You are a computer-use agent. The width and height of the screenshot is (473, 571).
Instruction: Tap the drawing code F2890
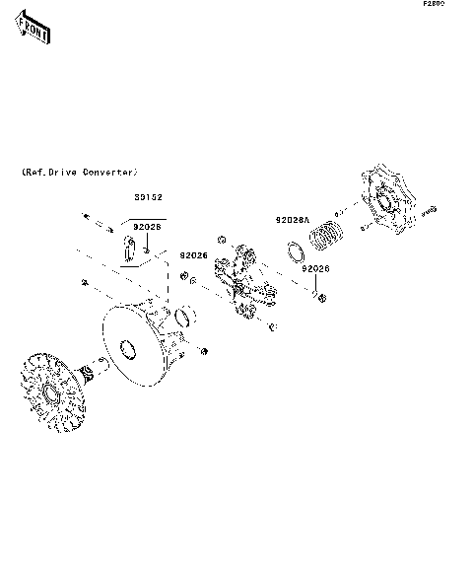[x=435, y=5]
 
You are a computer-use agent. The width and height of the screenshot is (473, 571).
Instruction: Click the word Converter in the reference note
[x=107, y=172]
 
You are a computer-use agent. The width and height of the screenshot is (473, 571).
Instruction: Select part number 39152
[x=148, y=196]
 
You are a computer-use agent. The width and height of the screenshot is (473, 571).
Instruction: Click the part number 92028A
[x=291, y=220]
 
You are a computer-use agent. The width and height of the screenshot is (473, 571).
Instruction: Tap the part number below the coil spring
[x=315, y=268]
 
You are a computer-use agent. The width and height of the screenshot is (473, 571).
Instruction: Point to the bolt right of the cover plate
[x=429, y=211]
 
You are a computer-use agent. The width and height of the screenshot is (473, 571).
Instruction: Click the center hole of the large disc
[x=126, y=348]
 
